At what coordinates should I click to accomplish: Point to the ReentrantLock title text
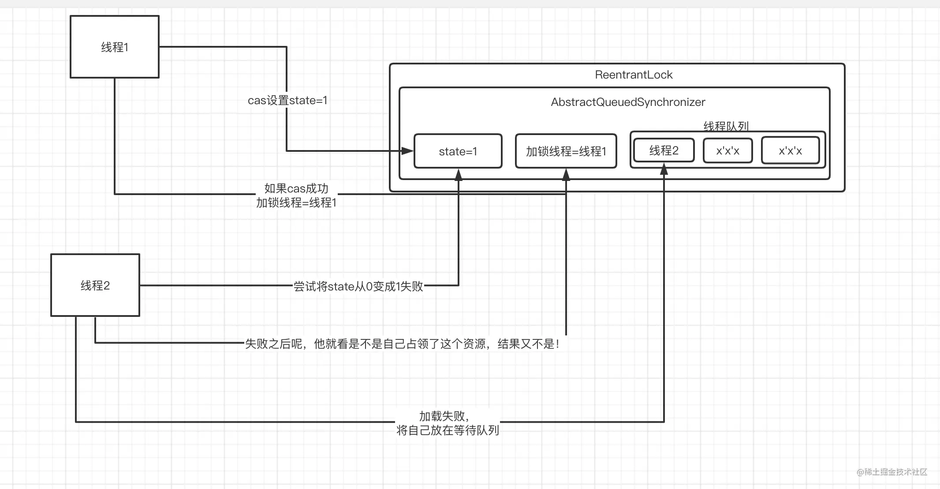pyautogui.click(x=634, y=75)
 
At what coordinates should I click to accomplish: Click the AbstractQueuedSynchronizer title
pyautogui.click(x=628, y=102)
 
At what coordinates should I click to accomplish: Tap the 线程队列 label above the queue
pyautogui.click(x=726, y=126)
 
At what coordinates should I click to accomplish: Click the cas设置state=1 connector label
pyautogui.click(x=287, y=100)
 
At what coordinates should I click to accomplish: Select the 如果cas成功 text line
pyautogui.click(x=296, y=188)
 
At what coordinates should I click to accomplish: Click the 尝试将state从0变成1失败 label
pyautogui.click(x=358, y=286)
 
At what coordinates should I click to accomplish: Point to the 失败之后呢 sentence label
pyautogui.click(x=402, y=344)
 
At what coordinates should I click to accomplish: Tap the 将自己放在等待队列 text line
pyautogui.click(x=448, y=430)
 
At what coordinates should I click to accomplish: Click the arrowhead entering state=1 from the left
pyautogui.click(x=408, y=151)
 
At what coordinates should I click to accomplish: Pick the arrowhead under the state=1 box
pyautogui.click(x=459, y=175)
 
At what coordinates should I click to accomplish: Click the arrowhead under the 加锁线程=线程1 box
pyautogui.click(x=566, y=175)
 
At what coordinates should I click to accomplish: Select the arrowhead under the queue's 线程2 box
pyautogui.click(x=664, y=169)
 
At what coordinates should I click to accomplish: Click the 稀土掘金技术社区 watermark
pyautogui.click(x=892, y=472)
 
